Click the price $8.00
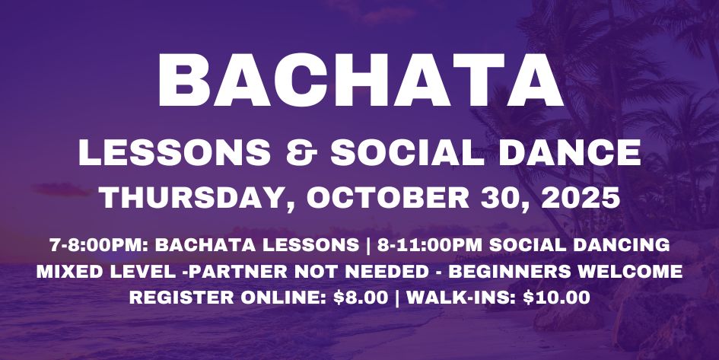coord(361,298)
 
